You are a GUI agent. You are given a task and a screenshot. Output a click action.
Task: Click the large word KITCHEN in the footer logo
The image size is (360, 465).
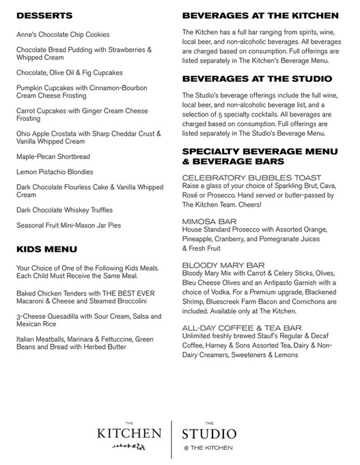[128, 434]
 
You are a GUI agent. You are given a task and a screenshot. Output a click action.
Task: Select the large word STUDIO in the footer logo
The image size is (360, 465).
[210, 434]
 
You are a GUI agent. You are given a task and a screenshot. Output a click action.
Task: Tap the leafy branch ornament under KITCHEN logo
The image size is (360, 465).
[128, 447]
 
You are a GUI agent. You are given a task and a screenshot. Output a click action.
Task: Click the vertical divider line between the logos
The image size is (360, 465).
[171, 437]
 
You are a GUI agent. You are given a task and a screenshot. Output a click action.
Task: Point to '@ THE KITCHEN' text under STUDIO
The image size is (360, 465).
[210, 447]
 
